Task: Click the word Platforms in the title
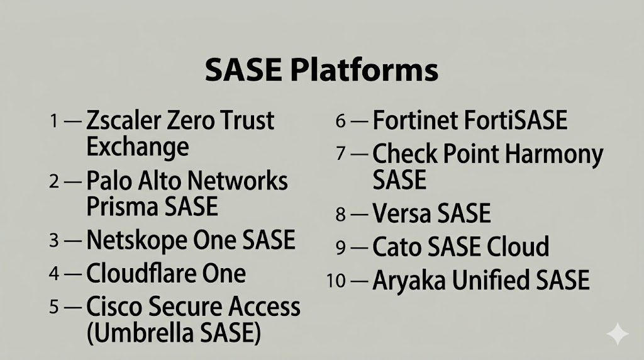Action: click(x=364, y=70)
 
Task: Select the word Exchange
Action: click(x=138, y=147)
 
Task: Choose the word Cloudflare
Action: click(x=138, y=273)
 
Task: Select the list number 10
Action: click(x=336, y=281)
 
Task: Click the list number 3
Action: click(x=54, y=240)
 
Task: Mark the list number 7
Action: click(x=340, y=154)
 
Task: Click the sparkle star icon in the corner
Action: click(x=618, y=334)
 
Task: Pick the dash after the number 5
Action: click(x=73, y=307)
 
